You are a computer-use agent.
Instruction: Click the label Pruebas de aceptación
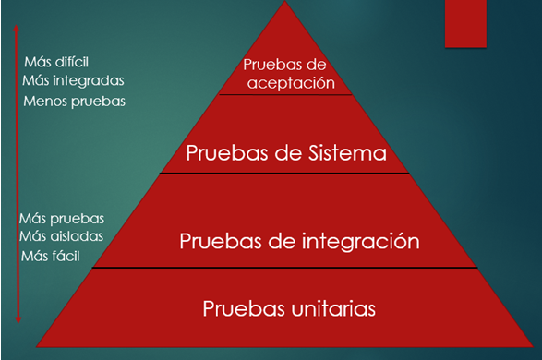tap(287, 73)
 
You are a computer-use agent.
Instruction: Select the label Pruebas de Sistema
tap(285, 152)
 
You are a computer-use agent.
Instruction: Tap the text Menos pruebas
tap(74, 100)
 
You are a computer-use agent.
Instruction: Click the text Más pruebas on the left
tap(62, 219)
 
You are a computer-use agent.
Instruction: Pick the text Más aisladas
tap(61, 236)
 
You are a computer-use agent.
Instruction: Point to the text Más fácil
tap(52, 254)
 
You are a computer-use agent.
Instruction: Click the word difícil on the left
tap(72, 63)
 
